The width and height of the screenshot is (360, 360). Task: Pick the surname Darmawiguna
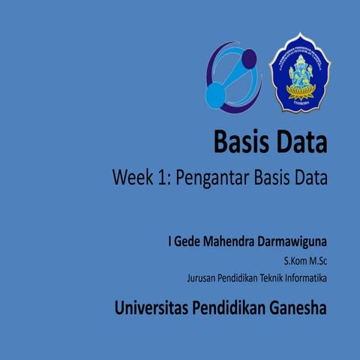pyautogui.click(x=294, y=244)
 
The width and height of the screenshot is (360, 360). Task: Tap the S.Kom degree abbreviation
pyautogui.click(x=295, y=262)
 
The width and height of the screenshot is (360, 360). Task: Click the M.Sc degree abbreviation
pyautogui.click(x=318, y=262)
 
